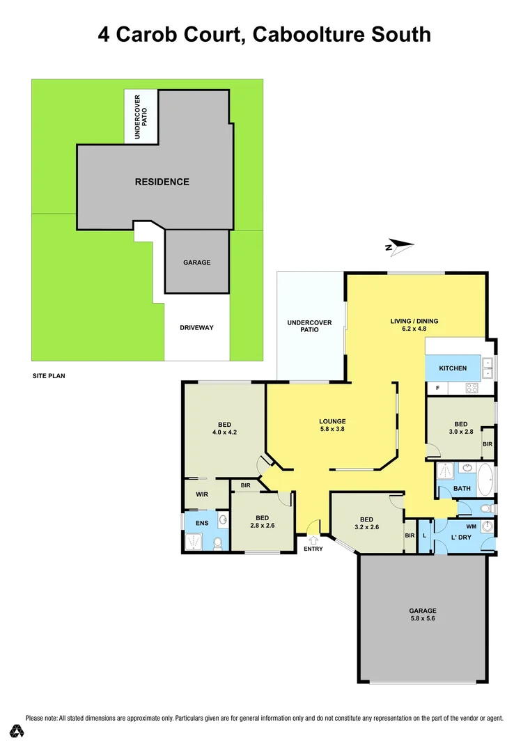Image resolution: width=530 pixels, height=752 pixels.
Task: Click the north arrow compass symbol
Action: tap(399, 245)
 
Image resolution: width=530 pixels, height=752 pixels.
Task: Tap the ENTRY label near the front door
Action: tap(313, 549)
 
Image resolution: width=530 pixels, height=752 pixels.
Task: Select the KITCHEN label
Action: tap(453, 368)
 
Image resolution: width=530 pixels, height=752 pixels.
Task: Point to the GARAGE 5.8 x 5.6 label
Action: tap(423, 613)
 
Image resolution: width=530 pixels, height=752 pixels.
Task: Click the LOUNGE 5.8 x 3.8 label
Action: tap(332, 425)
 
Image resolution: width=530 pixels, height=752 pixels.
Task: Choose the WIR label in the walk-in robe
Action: tap(203, 495)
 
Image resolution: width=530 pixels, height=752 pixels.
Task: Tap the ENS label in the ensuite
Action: tap(202, 522)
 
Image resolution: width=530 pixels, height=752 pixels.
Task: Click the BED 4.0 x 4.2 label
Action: tap(224, 428)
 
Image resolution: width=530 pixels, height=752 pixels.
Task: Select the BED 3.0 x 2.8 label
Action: tap(460, 428)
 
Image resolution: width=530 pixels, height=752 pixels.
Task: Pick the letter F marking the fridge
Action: tap(437, 387)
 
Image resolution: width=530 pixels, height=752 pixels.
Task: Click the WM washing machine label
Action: tap(470, 526)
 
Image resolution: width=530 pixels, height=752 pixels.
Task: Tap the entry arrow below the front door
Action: tap(313, 539)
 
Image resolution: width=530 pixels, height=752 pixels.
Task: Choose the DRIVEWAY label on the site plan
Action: tap(196, 328)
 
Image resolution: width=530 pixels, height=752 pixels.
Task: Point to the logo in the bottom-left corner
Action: tap(17, 731)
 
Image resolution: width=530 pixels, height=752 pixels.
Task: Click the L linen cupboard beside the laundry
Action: tap(424, 536)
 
